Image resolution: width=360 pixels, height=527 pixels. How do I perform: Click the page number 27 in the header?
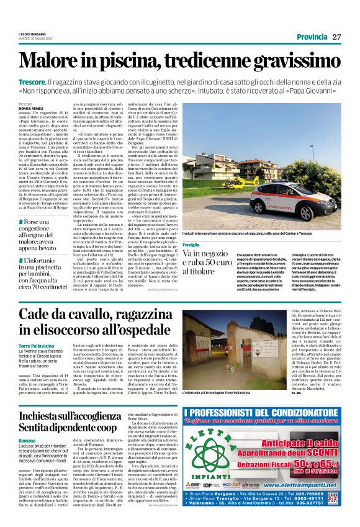pos(336,36)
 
